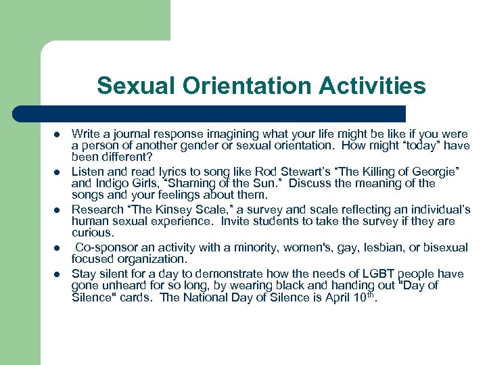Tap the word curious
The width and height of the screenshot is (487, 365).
92,232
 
